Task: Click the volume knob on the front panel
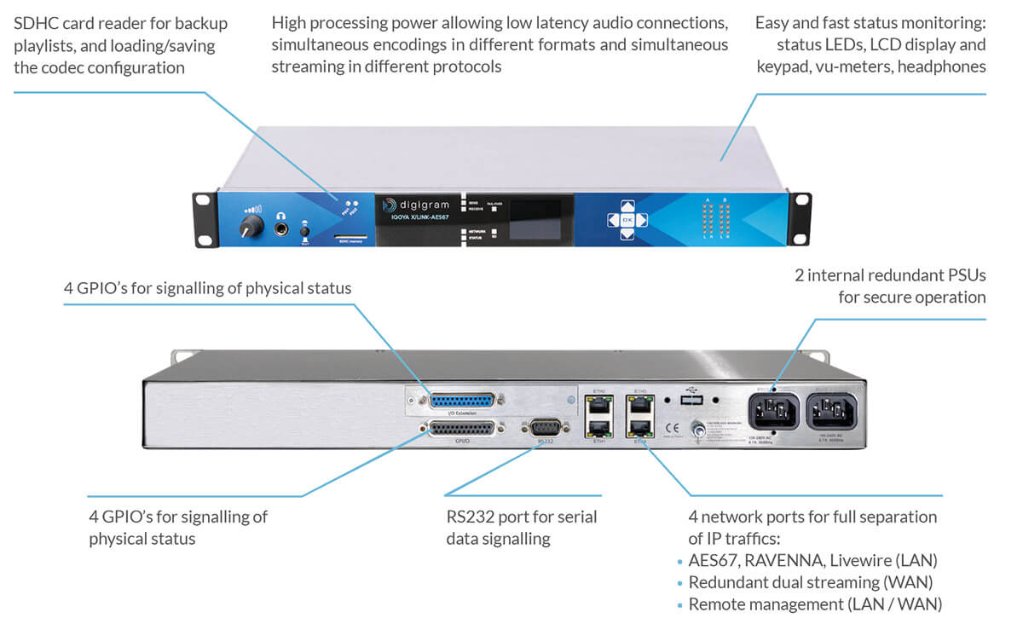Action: point(250,226)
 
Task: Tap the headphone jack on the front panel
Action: point(280,228)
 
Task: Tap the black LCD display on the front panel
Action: point(535,218)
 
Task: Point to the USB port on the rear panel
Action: point(691,399)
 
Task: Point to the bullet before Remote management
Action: point(680,605)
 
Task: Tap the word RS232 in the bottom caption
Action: point(471,517)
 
